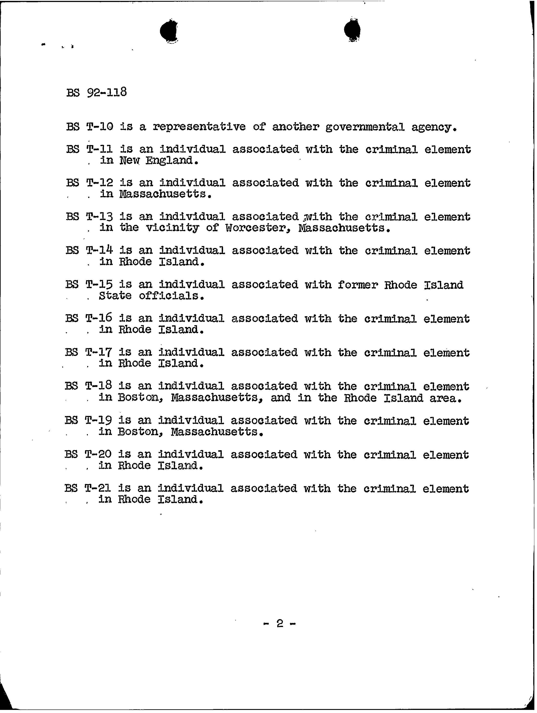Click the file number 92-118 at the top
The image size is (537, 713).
[x=107, y=93]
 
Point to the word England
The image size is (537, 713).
[x=171, y=161]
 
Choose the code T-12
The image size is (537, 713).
[x=100, y=183]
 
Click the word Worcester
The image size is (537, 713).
[x=256, y=228]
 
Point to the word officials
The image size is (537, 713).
[x=172, y=296]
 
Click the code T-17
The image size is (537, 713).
[x=98, y=352]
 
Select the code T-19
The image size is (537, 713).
[x=98, y=420]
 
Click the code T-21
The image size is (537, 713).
[x=98, y=488]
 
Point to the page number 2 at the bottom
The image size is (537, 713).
[x=280, y=624]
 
